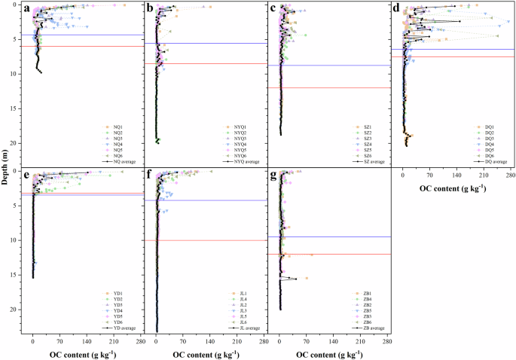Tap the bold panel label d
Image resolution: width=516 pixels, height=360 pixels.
click(x=396, y=10)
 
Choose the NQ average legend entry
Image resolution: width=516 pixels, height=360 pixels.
click(x=120, y=161)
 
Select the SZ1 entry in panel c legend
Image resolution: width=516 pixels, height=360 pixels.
click(x=365, y=126)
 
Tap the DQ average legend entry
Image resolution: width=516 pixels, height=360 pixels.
click(x=491, y=161)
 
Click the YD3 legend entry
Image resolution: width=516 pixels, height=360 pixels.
click(x=120, y=304)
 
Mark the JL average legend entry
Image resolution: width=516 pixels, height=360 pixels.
click(x=243, y=328)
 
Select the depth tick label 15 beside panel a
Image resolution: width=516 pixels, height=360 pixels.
click(x=14, y=109)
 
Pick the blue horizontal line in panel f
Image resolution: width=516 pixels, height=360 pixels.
click(x=211, y=200)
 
